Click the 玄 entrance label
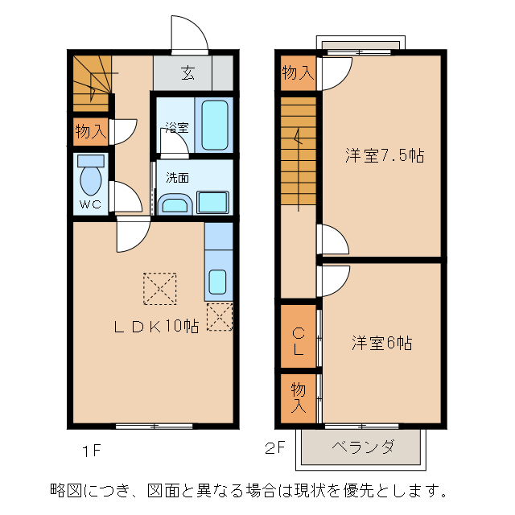click(187, 74)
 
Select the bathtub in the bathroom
click(215, 124)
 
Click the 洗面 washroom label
click(177, 177)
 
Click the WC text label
click(90, 204)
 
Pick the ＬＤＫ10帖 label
click(155, 326)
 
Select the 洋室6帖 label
click(381, 343)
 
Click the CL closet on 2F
click(298, 341)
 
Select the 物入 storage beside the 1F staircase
click(90, 131)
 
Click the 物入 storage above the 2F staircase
click(298, 73)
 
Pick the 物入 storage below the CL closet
click(298, 398)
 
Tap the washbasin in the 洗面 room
click(175, 204)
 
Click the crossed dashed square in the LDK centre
click(159, 290)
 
